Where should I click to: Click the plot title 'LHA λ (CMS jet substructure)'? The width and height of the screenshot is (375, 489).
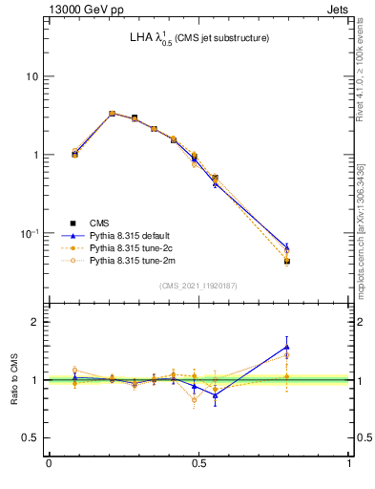(199, 38)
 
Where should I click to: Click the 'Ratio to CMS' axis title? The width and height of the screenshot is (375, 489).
(14, 379)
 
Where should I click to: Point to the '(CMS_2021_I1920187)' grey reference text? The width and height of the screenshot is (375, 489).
(198, 286)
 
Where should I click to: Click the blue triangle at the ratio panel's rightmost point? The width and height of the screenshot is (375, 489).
(314, 347)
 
